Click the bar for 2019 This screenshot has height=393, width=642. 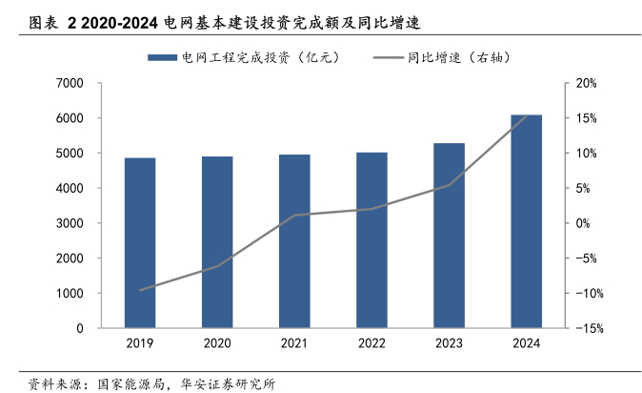140,243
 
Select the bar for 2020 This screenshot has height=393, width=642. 217,242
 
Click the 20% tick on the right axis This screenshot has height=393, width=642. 587,84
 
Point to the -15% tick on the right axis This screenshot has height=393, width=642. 585,329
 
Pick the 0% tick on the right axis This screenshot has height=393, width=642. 583,223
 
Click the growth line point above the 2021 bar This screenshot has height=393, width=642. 294,216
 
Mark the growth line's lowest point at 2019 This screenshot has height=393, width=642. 140,290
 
